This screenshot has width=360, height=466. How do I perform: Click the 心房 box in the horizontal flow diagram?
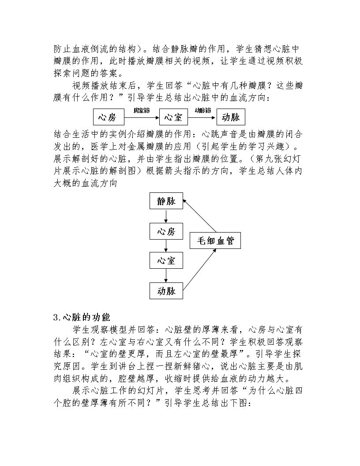tap(109, 117)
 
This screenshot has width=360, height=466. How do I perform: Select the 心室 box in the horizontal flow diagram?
tap(173, 117)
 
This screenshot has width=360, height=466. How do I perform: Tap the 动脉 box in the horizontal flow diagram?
tap(231, 117)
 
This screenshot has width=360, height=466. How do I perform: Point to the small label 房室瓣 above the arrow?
tap(142, 111)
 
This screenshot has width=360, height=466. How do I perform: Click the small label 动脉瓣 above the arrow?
tap(202, 110)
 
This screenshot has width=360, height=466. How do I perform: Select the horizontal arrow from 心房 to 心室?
tap(142, 117)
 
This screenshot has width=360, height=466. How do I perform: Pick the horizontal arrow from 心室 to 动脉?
tap(202, 117)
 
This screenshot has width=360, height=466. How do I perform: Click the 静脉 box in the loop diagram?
tap(166, 201)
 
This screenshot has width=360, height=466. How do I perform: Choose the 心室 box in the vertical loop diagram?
tap(166, 260)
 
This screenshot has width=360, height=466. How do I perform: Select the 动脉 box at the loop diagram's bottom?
tap(166, 290)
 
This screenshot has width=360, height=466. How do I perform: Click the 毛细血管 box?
tap(215, 241)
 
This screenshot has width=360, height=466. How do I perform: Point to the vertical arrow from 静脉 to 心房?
tap(166, 216)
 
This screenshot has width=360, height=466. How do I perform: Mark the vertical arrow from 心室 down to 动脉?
tap(166, 275)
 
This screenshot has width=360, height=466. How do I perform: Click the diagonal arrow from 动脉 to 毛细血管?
tap(199, 270)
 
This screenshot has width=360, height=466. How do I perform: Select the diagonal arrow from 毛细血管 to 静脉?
tap(199, 216)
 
